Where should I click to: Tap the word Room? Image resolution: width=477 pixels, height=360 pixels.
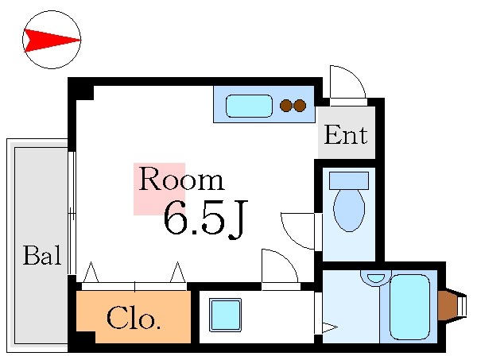(x=180, y=180)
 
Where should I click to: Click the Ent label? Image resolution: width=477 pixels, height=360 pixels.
(x=346, y=135)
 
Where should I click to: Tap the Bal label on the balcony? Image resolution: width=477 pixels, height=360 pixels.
(x=41, y=256)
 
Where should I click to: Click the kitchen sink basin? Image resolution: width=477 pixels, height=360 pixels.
(x=249, y=105)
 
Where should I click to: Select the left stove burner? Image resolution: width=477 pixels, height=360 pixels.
(x=286, y=105)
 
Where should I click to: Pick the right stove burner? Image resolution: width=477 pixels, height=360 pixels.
(x=300, y=105)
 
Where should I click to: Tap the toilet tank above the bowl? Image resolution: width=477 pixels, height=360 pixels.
(x=349, y=180)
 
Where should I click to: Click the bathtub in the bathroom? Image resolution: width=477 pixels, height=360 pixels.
(x=409, y=306)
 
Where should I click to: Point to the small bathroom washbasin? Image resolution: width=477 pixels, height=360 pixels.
(x=376, y=278)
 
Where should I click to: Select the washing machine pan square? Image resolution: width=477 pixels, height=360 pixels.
(x=225, y=315)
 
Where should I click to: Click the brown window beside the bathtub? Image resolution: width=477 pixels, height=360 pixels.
(x=448, y=306)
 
